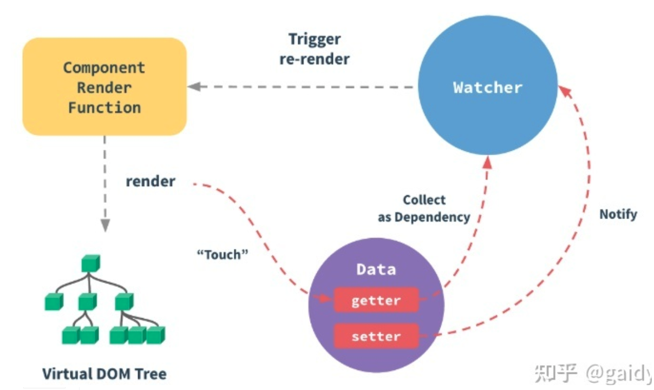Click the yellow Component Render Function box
point(104,87)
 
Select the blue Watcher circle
point(487,87)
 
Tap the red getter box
point(376,300)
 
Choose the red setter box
point(376,336)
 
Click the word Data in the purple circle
point(376,269)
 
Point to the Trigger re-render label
point(315,49)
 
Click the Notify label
point(618,214)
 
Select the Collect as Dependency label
point(424,209)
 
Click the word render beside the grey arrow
point(151,181)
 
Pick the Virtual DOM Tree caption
point(104,373)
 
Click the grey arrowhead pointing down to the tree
point(104,223)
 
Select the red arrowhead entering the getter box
point(326,299)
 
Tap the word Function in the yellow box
point(104,107)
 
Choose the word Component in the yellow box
point(104,68)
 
